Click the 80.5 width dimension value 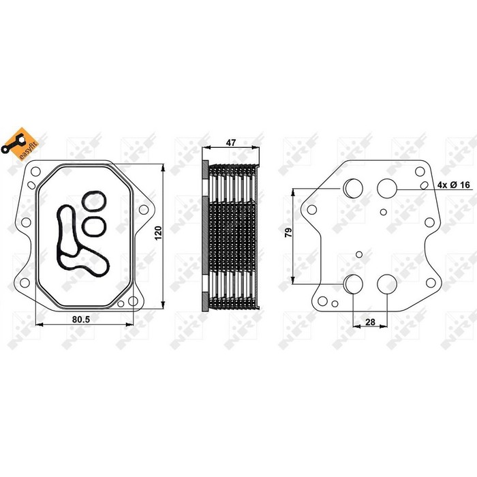pyautogui.click(x=81, y=319)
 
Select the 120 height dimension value pyautogui.click(x=159, y=233)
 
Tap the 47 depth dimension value pyautogui.click(x=231, y=142)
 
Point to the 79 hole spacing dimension pyautogui.click(x=288, y=232)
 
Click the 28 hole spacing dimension pyautogui.click(x=370, y=322)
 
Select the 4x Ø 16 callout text pyautogui.click(x=454, y=185)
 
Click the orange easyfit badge pyautogui.click(x=20, y=144)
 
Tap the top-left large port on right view pyautogui.click(x=353, y=188)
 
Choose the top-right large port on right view pyautogui.click(x=387, y=188)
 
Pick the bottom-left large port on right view pyautogui.click(x=353, y=284)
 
